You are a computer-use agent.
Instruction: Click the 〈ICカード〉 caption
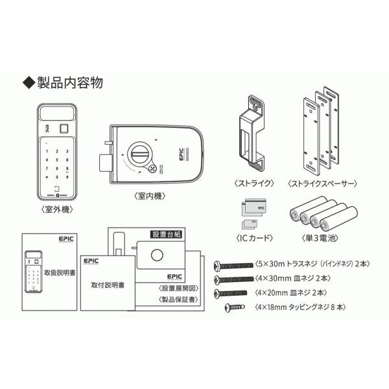pyautogui.click(x=251, y=238)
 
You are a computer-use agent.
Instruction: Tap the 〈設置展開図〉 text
pyautogui.click(x=177, y=287)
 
